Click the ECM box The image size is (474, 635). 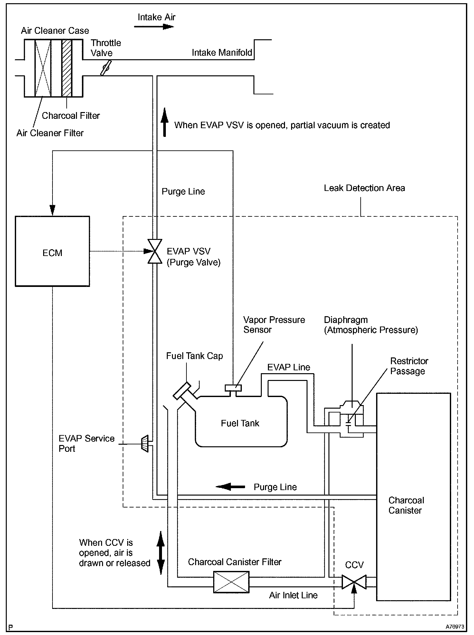(52, 251)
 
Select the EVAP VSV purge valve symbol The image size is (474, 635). (155, 251)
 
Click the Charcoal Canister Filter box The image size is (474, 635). (231, 582)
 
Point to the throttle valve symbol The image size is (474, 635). (106, 68)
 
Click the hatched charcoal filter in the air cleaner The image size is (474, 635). (67, 68)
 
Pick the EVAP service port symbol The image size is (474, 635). (145, 444)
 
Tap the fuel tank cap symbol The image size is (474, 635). (183, 391)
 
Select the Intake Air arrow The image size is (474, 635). (154, 26)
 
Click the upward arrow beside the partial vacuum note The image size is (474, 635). (165, 122)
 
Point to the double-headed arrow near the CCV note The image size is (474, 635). (161, 553)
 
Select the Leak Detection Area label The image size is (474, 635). (365, 188)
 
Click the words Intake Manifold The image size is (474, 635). (222, 52)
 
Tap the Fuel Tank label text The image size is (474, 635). (240, 423)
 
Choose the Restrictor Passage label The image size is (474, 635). (409, 366)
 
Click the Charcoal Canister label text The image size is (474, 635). (406, 505)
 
